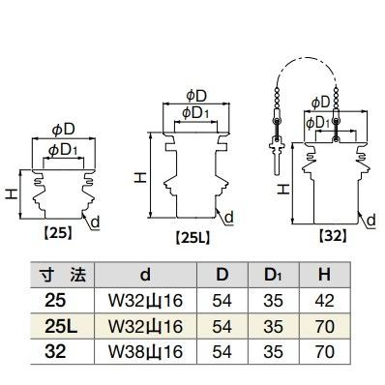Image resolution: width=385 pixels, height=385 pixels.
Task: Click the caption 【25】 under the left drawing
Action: pos(57,233)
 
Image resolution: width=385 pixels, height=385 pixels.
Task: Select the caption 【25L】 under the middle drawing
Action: pos(192,238)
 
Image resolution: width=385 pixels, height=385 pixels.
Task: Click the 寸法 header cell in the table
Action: pos(63,276)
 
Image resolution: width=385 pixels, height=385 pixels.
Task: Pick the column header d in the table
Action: pos(145,275)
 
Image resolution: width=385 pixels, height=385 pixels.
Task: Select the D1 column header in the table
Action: pos(273,275)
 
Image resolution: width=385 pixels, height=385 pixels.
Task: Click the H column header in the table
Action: pos(324,275)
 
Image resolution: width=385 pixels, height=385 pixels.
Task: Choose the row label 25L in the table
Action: pos(61,326)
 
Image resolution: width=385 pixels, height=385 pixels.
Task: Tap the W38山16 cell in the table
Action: pos(145,351)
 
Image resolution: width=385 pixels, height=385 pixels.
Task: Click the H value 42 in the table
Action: pos(325,301)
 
